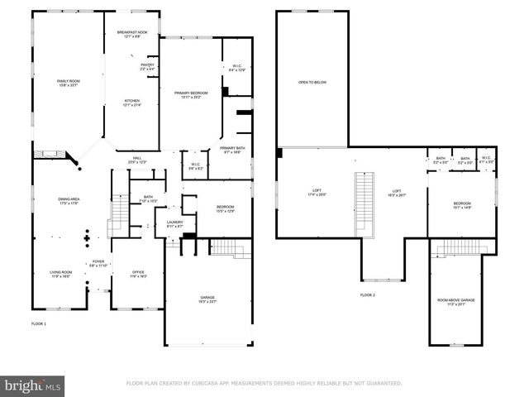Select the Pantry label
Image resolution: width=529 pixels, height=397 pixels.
(x=147, y=66)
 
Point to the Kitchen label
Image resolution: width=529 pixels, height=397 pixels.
(x=131, y=103)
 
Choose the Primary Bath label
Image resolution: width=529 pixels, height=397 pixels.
(x=231, y=150)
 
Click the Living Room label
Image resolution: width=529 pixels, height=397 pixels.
(x=61, y=274)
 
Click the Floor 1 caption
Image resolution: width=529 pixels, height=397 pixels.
(x=39, y=323)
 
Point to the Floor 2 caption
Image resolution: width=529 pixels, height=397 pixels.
(x=367, y=295)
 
